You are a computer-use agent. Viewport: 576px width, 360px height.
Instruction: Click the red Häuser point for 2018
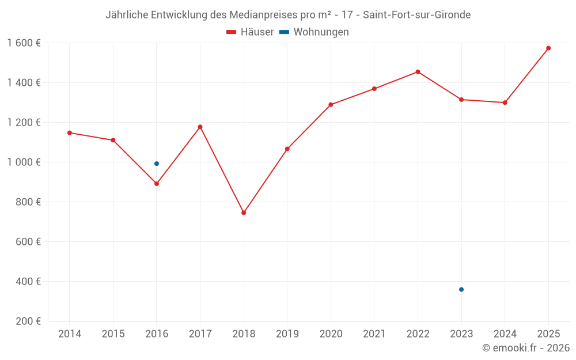click(x=244, y=213)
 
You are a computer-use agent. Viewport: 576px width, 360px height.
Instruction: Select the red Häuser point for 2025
click(x=548, y=48)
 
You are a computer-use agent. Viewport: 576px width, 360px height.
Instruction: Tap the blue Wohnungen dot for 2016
click(x=157, y=164)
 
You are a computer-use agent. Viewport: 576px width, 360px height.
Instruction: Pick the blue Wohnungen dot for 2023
click(x=461, y=289)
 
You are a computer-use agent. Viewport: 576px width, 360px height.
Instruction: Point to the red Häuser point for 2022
click(x=418, y=72)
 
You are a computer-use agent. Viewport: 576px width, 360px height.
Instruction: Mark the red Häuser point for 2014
click(x=70, y=132)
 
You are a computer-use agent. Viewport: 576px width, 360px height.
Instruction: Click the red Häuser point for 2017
click(x=200, y=127)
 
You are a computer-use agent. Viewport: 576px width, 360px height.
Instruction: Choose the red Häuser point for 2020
click(x=331, y=105)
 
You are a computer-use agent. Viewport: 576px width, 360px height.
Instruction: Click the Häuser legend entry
click(x=250, y=32)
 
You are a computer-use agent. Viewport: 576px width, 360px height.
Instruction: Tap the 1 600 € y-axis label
click(x=24, y=43)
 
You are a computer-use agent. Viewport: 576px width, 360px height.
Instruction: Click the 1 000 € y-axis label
click(x=24, y=162)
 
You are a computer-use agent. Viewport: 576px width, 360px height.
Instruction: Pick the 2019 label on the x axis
click(x=287, y=334)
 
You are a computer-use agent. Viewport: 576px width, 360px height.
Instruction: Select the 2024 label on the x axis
click(x=505, y=334)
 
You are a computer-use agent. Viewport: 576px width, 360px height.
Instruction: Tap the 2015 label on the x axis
click(x=113, y=334)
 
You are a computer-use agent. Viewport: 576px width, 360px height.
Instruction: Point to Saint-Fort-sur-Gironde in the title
click(x=416, y=15)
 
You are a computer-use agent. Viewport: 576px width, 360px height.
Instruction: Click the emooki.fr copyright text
click(x=526, y=348)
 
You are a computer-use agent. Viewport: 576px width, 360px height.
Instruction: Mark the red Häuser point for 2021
click(x=374, y=89)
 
